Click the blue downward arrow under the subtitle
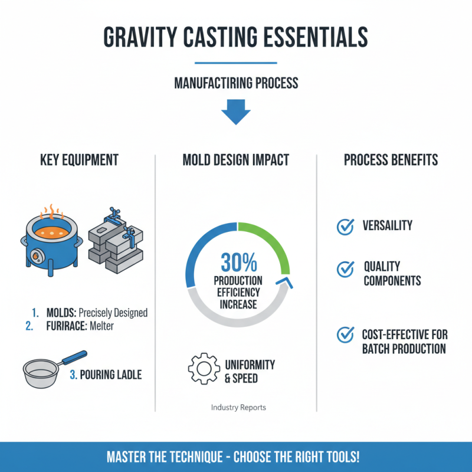click(x=235, y=111)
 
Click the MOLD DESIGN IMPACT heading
click(x=235, y=159)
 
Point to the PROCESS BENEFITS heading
click(x=391, y=159)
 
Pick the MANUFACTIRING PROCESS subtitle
click(x=235, y=83)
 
